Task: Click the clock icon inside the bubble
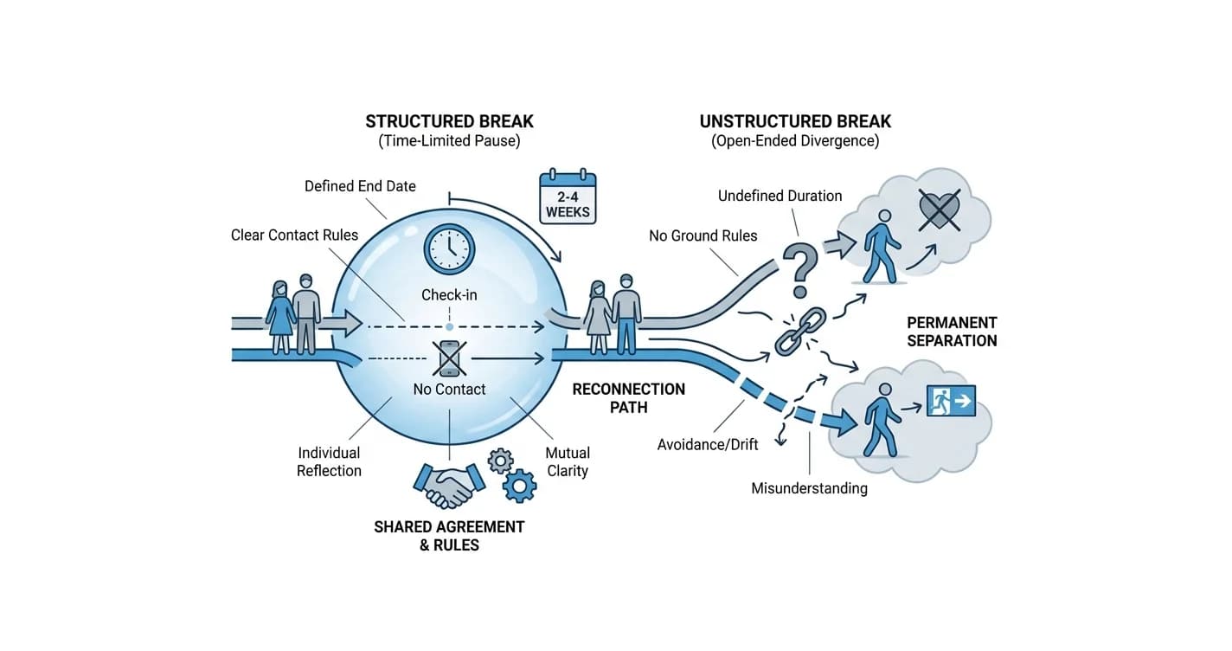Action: pos(449,248)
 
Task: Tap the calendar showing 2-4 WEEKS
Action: pos(568,197)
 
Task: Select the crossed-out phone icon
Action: pos(449,358)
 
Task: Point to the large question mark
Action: pos(801,269)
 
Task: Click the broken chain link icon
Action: pos(800,332)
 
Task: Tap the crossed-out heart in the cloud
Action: pos(940,209)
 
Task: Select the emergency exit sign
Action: pos(951,401)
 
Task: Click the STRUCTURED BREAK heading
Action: pos(449,121)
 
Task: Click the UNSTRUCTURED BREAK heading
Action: pos(795,121)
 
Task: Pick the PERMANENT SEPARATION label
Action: pos(952,332)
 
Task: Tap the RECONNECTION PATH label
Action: pos(629,398)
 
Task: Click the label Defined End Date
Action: pos(360,186)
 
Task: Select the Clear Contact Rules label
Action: pos(294,235)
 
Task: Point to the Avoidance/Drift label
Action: pos(708,444)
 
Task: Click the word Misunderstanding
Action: pos(810,488)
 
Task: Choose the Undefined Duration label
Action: pos(780,196)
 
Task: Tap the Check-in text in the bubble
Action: pos(449,295)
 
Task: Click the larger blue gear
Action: pos(519,486)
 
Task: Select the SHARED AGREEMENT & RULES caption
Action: pos(449,536)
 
